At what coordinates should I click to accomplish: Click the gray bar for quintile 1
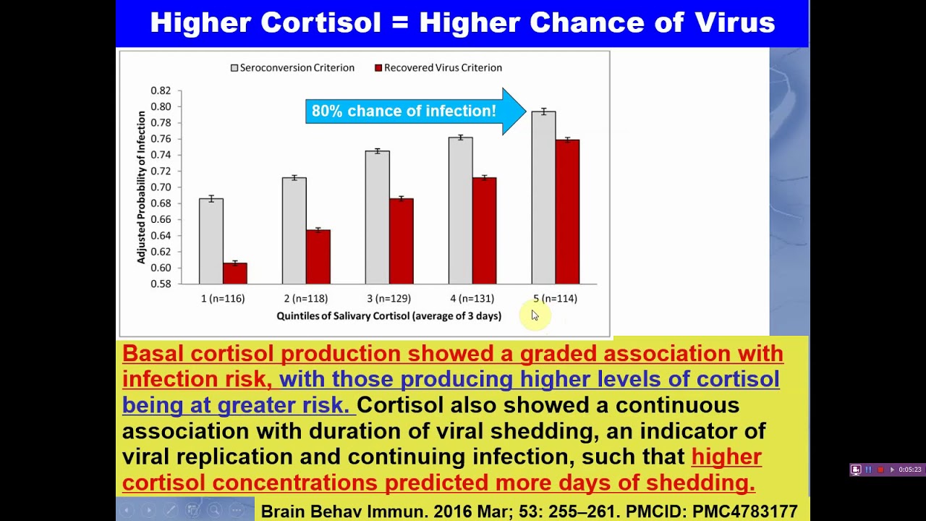coord(211,241)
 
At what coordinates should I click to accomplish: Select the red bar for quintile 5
coord(567,212)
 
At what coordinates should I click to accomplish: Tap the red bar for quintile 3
coord(401,241)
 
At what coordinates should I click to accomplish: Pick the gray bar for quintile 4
coord(461,211)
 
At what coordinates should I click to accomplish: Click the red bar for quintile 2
coord(318,257)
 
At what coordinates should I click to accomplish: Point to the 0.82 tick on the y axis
coord(161,90)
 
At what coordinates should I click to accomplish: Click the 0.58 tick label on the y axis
coord(161,284)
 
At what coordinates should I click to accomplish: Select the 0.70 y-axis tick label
coord(161,187)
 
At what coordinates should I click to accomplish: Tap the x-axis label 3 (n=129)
coord(389,299)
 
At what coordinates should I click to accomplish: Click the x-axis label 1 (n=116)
coord(223,299)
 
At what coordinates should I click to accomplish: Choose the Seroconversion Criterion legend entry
coord(292,68)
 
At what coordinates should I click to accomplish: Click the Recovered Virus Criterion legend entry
coord(438,68)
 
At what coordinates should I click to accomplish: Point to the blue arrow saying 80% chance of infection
coord(415,111)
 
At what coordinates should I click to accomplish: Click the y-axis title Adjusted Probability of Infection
coord(141,187)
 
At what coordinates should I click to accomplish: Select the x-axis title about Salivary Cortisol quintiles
coord(389,316)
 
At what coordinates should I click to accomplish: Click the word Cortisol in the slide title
coord(320,22)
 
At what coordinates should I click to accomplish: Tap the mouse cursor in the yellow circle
coord(535,315)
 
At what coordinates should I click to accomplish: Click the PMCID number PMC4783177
coord(745,512)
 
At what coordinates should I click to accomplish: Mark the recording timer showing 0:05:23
coord(910,470)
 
